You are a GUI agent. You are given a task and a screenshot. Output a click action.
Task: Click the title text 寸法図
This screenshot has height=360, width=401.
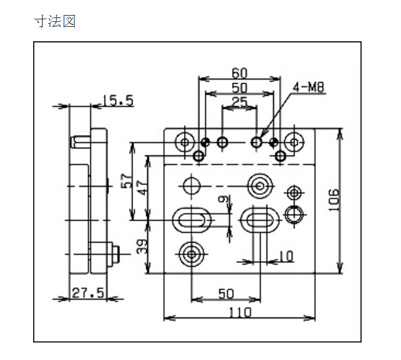(54, 21)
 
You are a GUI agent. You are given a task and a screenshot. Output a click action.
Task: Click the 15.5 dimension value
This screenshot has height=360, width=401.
(118, 101)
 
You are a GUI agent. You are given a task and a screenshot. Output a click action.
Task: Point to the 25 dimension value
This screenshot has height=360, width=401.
(240, 102)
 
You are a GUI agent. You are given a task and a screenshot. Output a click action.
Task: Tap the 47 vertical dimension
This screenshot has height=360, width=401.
(142, 188)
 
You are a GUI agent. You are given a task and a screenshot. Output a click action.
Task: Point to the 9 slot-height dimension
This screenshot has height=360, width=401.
(223, 200)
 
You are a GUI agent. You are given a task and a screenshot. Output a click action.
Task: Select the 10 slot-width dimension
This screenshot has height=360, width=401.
(286, 256)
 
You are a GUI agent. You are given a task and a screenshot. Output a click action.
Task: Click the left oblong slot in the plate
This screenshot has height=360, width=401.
(191, 219)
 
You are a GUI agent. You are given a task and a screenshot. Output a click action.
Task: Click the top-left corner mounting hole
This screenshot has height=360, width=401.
(185, 142)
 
